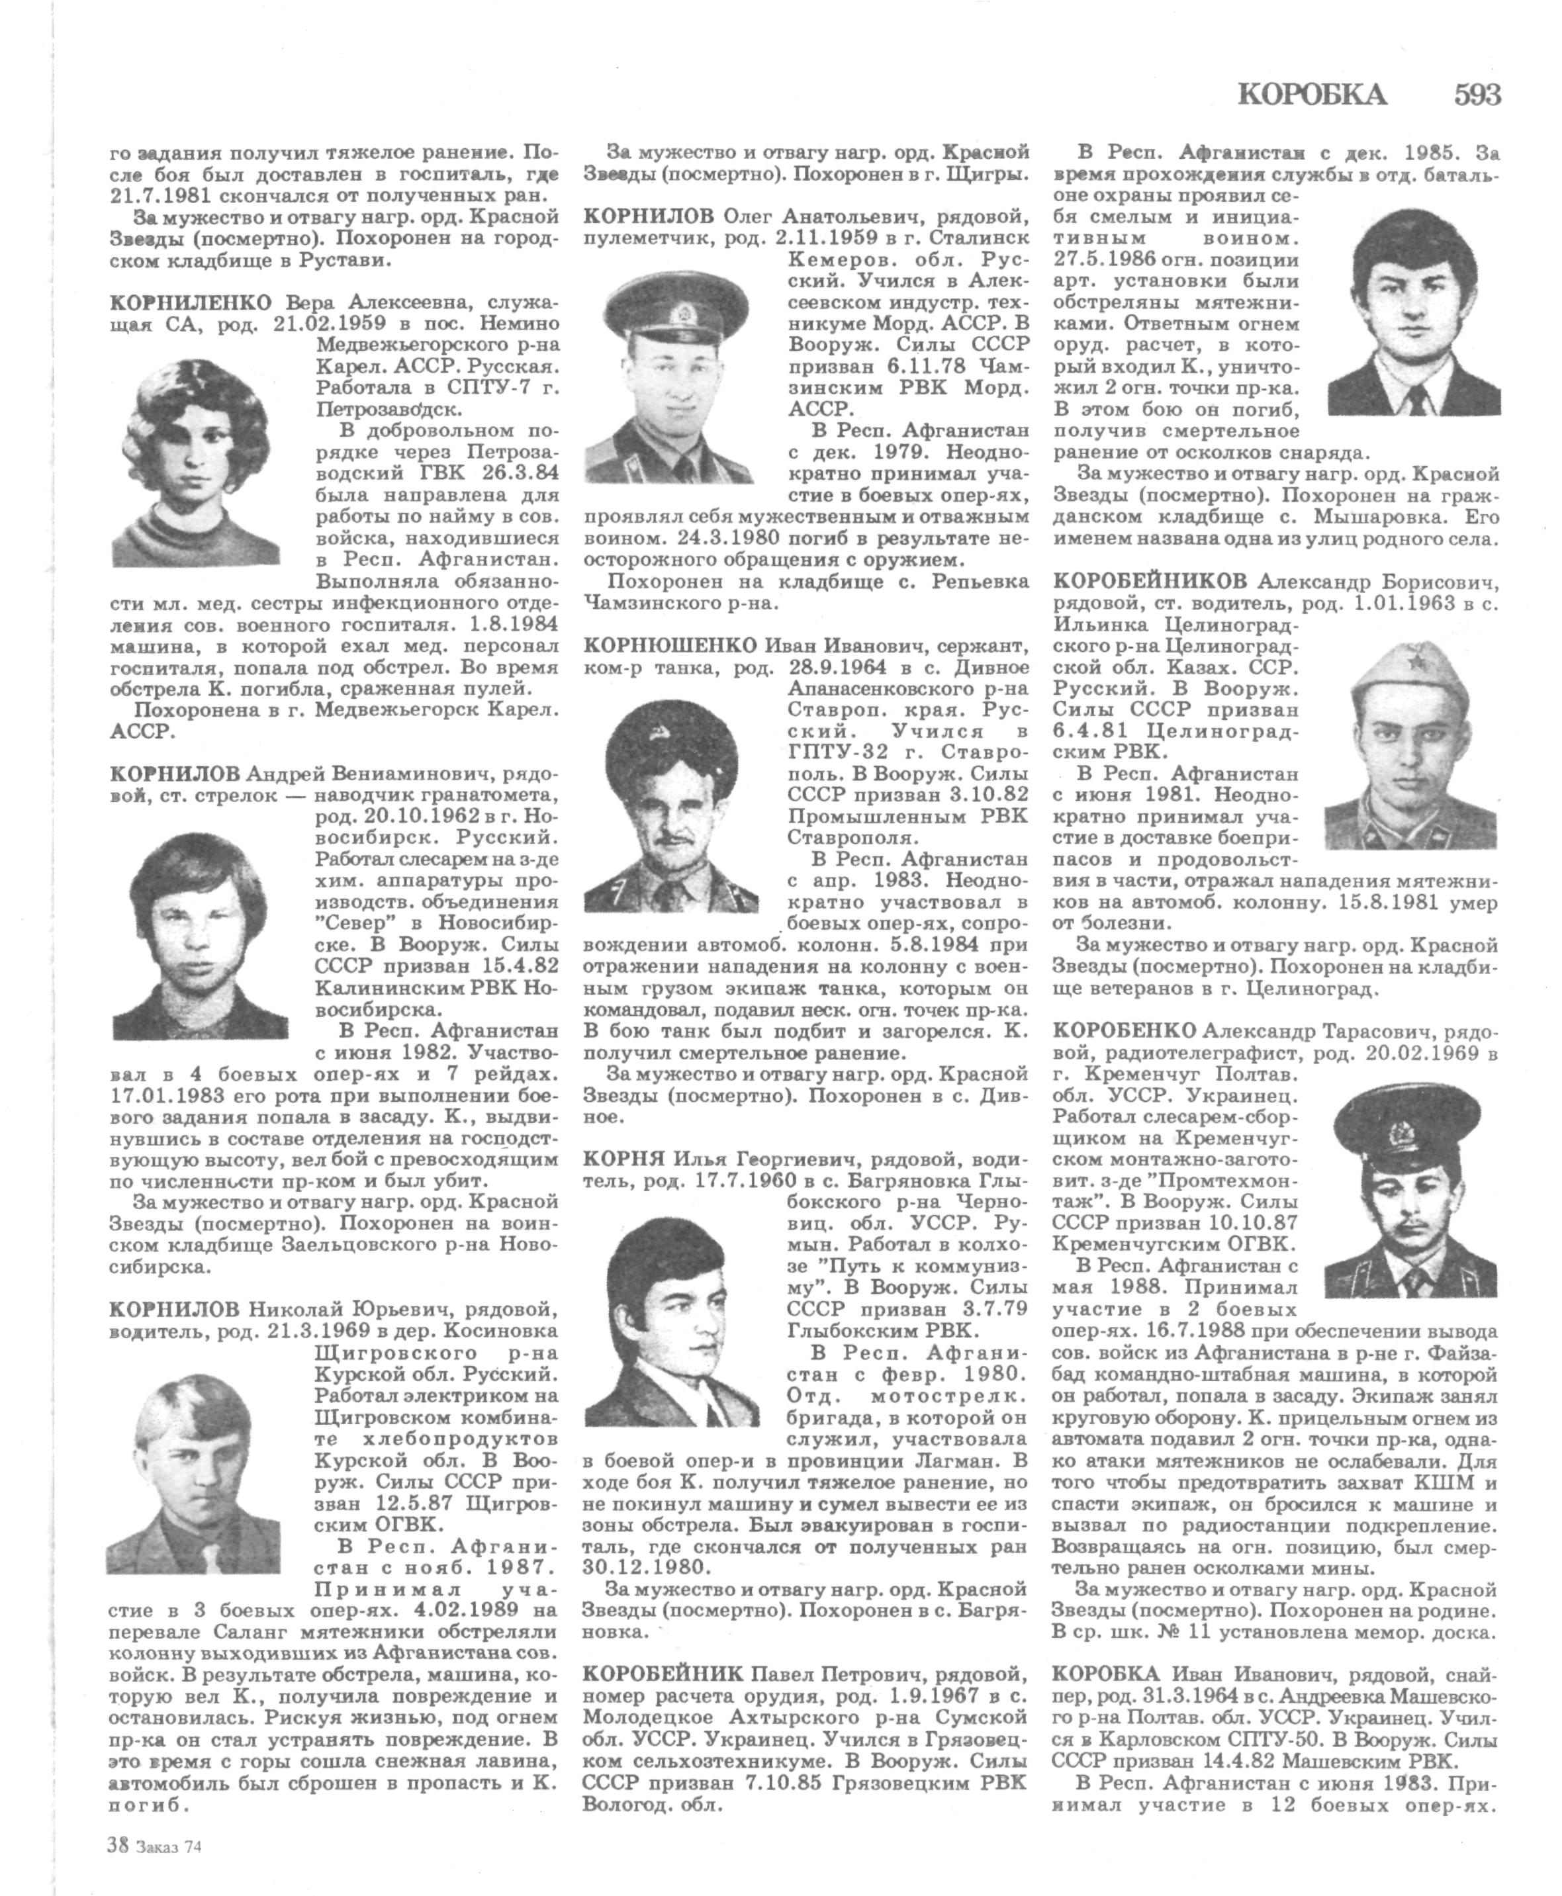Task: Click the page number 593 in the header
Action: click(1475, 93)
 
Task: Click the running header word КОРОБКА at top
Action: click(1312, 93)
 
